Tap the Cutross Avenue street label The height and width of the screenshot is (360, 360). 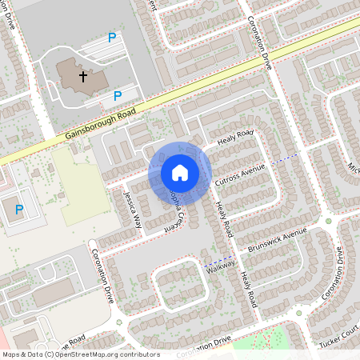tap(241, 177)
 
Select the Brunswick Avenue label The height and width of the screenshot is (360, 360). tap(277, 241)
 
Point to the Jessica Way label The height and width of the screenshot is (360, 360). tap(132, 210)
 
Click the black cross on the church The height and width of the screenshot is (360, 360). tap(82, 77)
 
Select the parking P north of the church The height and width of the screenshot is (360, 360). tap(112, 38)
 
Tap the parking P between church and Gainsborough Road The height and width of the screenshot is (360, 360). tap(118, 96)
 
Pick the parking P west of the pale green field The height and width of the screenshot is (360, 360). tap(19, 210)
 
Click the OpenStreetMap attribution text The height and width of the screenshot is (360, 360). tap(81, 354)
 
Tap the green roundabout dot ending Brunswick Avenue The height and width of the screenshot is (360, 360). tap(328, 221)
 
